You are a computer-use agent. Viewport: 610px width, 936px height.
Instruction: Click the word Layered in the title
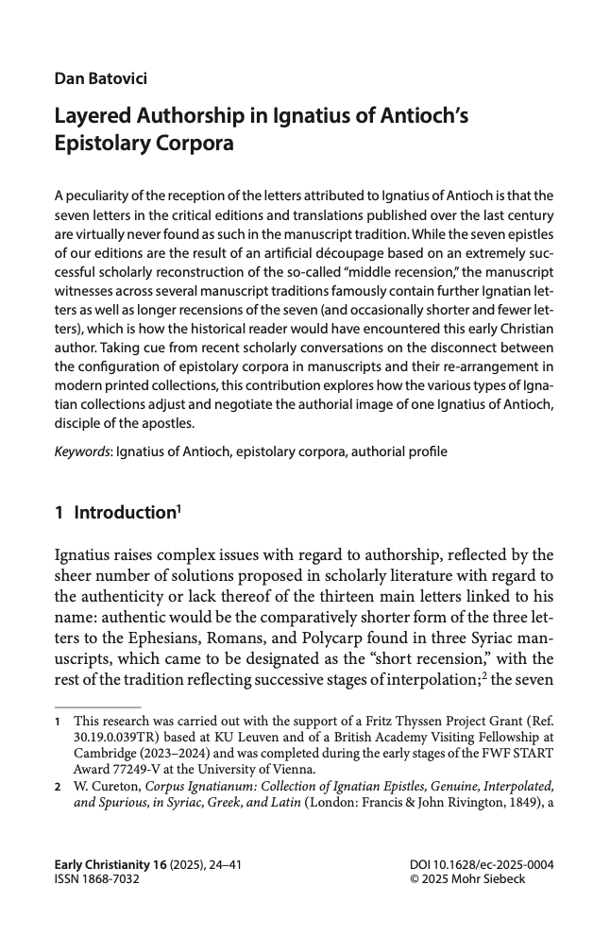click(x=94, y=118)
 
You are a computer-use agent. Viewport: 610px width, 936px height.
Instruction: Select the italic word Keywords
click(x=82, y=451)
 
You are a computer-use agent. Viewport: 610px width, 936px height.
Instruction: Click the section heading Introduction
click(x=126, y=513)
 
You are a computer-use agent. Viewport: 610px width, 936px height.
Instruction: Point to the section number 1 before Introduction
click(x=59, y=513)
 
